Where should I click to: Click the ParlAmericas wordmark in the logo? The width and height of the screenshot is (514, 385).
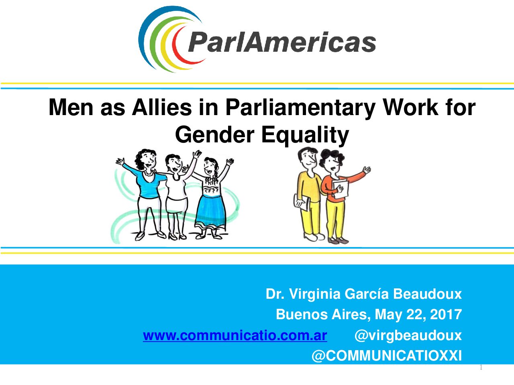(x=282, y=42)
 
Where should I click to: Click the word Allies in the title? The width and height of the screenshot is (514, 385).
(x=161, y=107)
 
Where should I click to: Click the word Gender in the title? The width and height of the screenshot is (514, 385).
(x=215, y=135)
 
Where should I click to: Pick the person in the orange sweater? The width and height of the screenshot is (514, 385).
(x=337, y=197)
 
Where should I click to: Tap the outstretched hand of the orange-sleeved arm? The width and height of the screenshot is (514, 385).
(x=367, y=170)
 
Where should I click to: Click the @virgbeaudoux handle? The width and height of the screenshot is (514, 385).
(x=408, y=336)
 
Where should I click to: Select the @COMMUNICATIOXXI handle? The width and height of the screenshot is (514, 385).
(x=387, y=356)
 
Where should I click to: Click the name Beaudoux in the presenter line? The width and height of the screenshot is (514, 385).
(x=427, y=294)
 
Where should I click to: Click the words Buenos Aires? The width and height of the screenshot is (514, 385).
(x=322, y=314)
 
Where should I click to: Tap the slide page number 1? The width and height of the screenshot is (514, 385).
(x=481, y=368)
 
